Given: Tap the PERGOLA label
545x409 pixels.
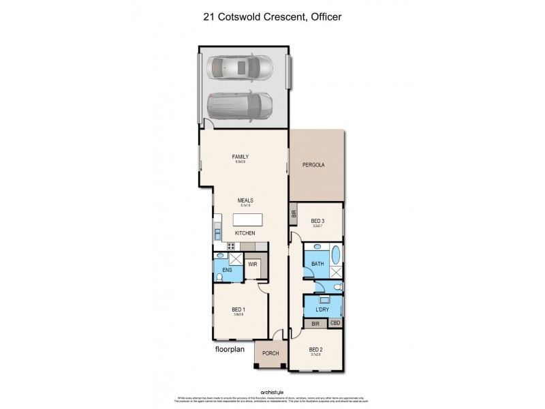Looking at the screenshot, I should [x=313, y=166].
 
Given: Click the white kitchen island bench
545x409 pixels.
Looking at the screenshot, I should [x=247, y=219].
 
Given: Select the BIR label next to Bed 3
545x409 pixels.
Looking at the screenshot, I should [x=294, y=214].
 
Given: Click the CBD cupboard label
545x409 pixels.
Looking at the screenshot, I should [x=335, y=323].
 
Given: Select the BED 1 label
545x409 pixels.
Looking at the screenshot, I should [x=239, y=311].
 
